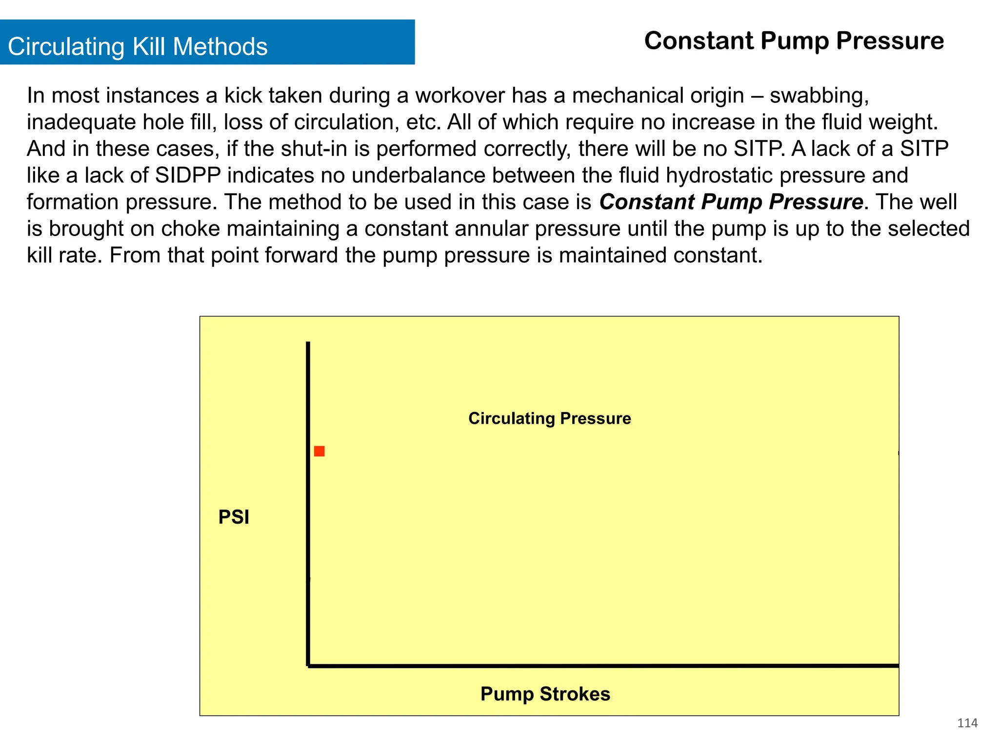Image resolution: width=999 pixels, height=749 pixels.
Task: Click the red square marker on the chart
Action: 319,451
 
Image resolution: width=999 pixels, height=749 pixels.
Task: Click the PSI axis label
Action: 234,517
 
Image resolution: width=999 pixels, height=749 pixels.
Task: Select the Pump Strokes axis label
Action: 545,694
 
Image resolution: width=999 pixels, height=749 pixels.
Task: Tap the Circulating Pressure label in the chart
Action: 549,418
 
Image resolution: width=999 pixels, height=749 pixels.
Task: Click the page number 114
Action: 967,723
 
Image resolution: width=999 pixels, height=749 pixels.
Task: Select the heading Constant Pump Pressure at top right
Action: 794,40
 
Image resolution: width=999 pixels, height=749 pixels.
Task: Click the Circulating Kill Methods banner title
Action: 138,47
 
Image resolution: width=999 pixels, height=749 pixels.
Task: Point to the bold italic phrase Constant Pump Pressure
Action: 731,202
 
